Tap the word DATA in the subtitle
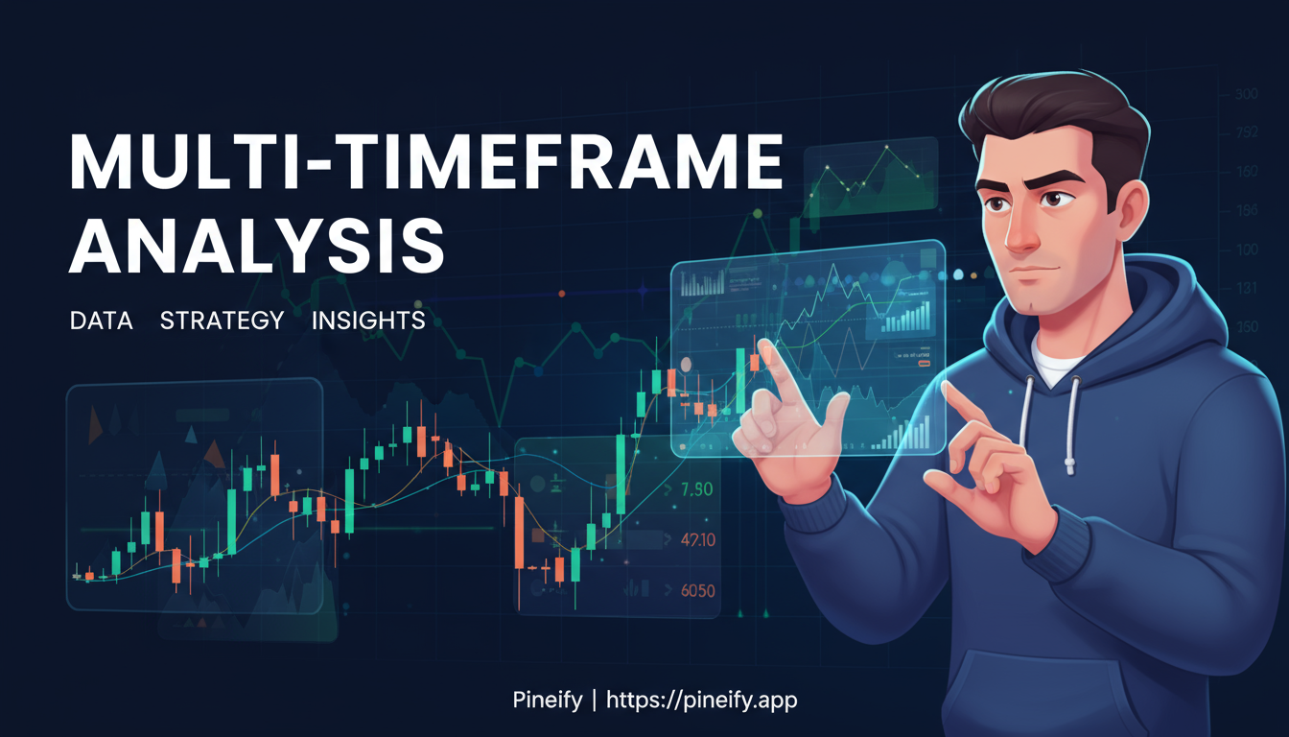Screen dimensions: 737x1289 (101, 320)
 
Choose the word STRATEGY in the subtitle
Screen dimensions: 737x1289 (222, 320)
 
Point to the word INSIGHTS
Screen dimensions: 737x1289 (368, 320)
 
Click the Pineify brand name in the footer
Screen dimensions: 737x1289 (547, 701)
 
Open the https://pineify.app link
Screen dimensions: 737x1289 (702, 701)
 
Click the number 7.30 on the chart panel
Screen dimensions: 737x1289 (695, 489)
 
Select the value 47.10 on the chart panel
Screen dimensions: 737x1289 (696, 539)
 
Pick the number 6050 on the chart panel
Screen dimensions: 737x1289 (697, 591)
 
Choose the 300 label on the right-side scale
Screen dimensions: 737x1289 (1247, 94)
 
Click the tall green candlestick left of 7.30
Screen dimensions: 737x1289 (621, 475)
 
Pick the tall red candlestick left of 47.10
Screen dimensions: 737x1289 (519, 533)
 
